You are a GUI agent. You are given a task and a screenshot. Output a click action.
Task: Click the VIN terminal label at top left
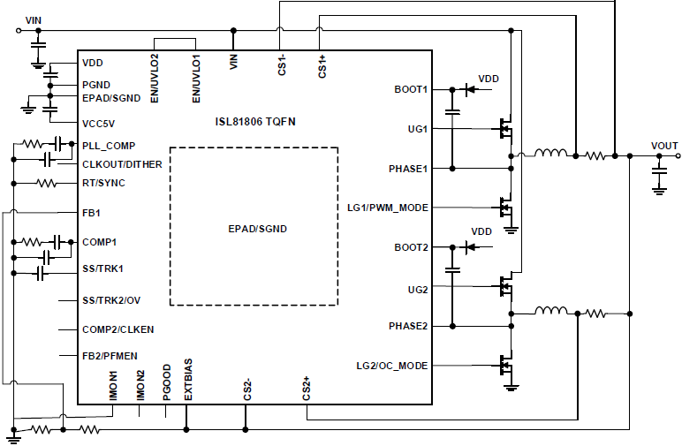[x=34, y=19]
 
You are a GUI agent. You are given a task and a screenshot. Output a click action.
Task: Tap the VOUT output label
[x=664, y=146]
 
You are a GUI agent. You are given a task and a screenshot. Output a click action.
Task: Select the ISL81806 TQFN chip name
[x=255, y=120]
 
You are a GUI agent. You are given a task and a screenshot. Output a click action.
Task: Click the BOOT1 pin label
[x=411, y=89]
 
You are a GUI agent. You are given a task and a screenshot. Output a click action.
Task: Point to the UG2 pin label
[x=417, y=289]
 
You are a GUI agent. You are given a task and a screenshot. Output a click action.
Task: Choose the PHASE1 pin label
[x=408, y=168]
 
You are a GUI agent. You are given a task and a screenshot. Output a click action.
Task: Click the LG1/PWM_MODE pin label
[x=388, y=208]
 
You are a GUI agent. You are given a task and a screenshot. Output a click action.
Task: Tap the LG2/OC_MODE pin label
[x=391, y=366]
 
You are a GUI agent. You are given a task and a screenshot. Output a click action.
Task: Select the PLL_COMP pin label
[x=109, y=145]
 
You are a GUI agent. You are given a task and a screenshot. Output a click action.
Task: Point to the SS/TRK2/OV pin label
[x=111, y=300]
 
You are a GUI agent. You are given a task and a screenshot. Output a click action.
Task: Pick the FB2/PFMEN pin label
[x=110, y=355]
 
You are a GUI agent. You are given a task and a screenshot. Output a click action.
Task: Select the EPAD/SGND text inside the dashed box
[x=256, y=229]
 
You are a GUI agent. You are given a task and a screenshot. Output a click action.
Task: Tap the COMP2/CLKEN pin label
[x=117, y=329]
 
